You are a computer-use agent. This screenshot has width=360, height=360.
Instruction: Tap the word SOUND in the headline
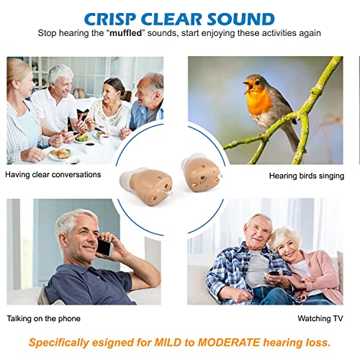pyautogui.click(x=243, y=18)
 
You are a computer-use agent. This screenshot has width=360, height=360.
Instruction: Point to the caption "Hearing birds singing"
pyautogui.click(x=306, y=175)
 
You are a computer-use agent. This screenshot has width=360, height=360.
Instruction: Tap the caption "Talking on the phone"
pyautogui.click(x=43, y=318)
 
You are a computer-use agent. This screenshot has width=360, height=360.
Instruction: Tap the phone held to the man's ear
pyautogui.click(x=105, y=248)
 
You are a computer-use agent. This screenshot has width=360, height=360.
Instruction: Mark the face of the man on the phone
pyautogui.click(x=80, y=234)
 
